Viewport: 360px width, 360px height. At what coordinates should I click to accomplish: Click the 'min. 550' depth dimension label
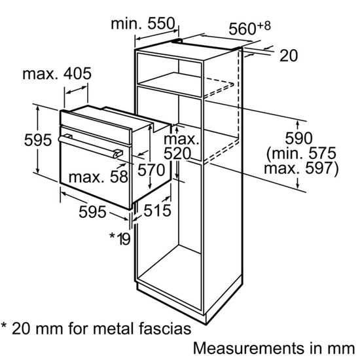(143, 24)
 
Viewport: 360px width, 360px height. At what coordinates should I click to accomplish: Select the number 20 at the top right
(288, 56)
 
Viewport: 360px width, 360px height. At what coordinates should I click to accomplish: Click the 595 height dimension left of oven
(16, 140)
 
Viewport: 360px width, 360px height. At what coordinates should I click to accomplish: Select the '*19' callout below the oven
(119, 236)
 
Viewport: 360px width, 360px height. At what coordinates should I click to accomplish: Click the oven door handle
(90, 145)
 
